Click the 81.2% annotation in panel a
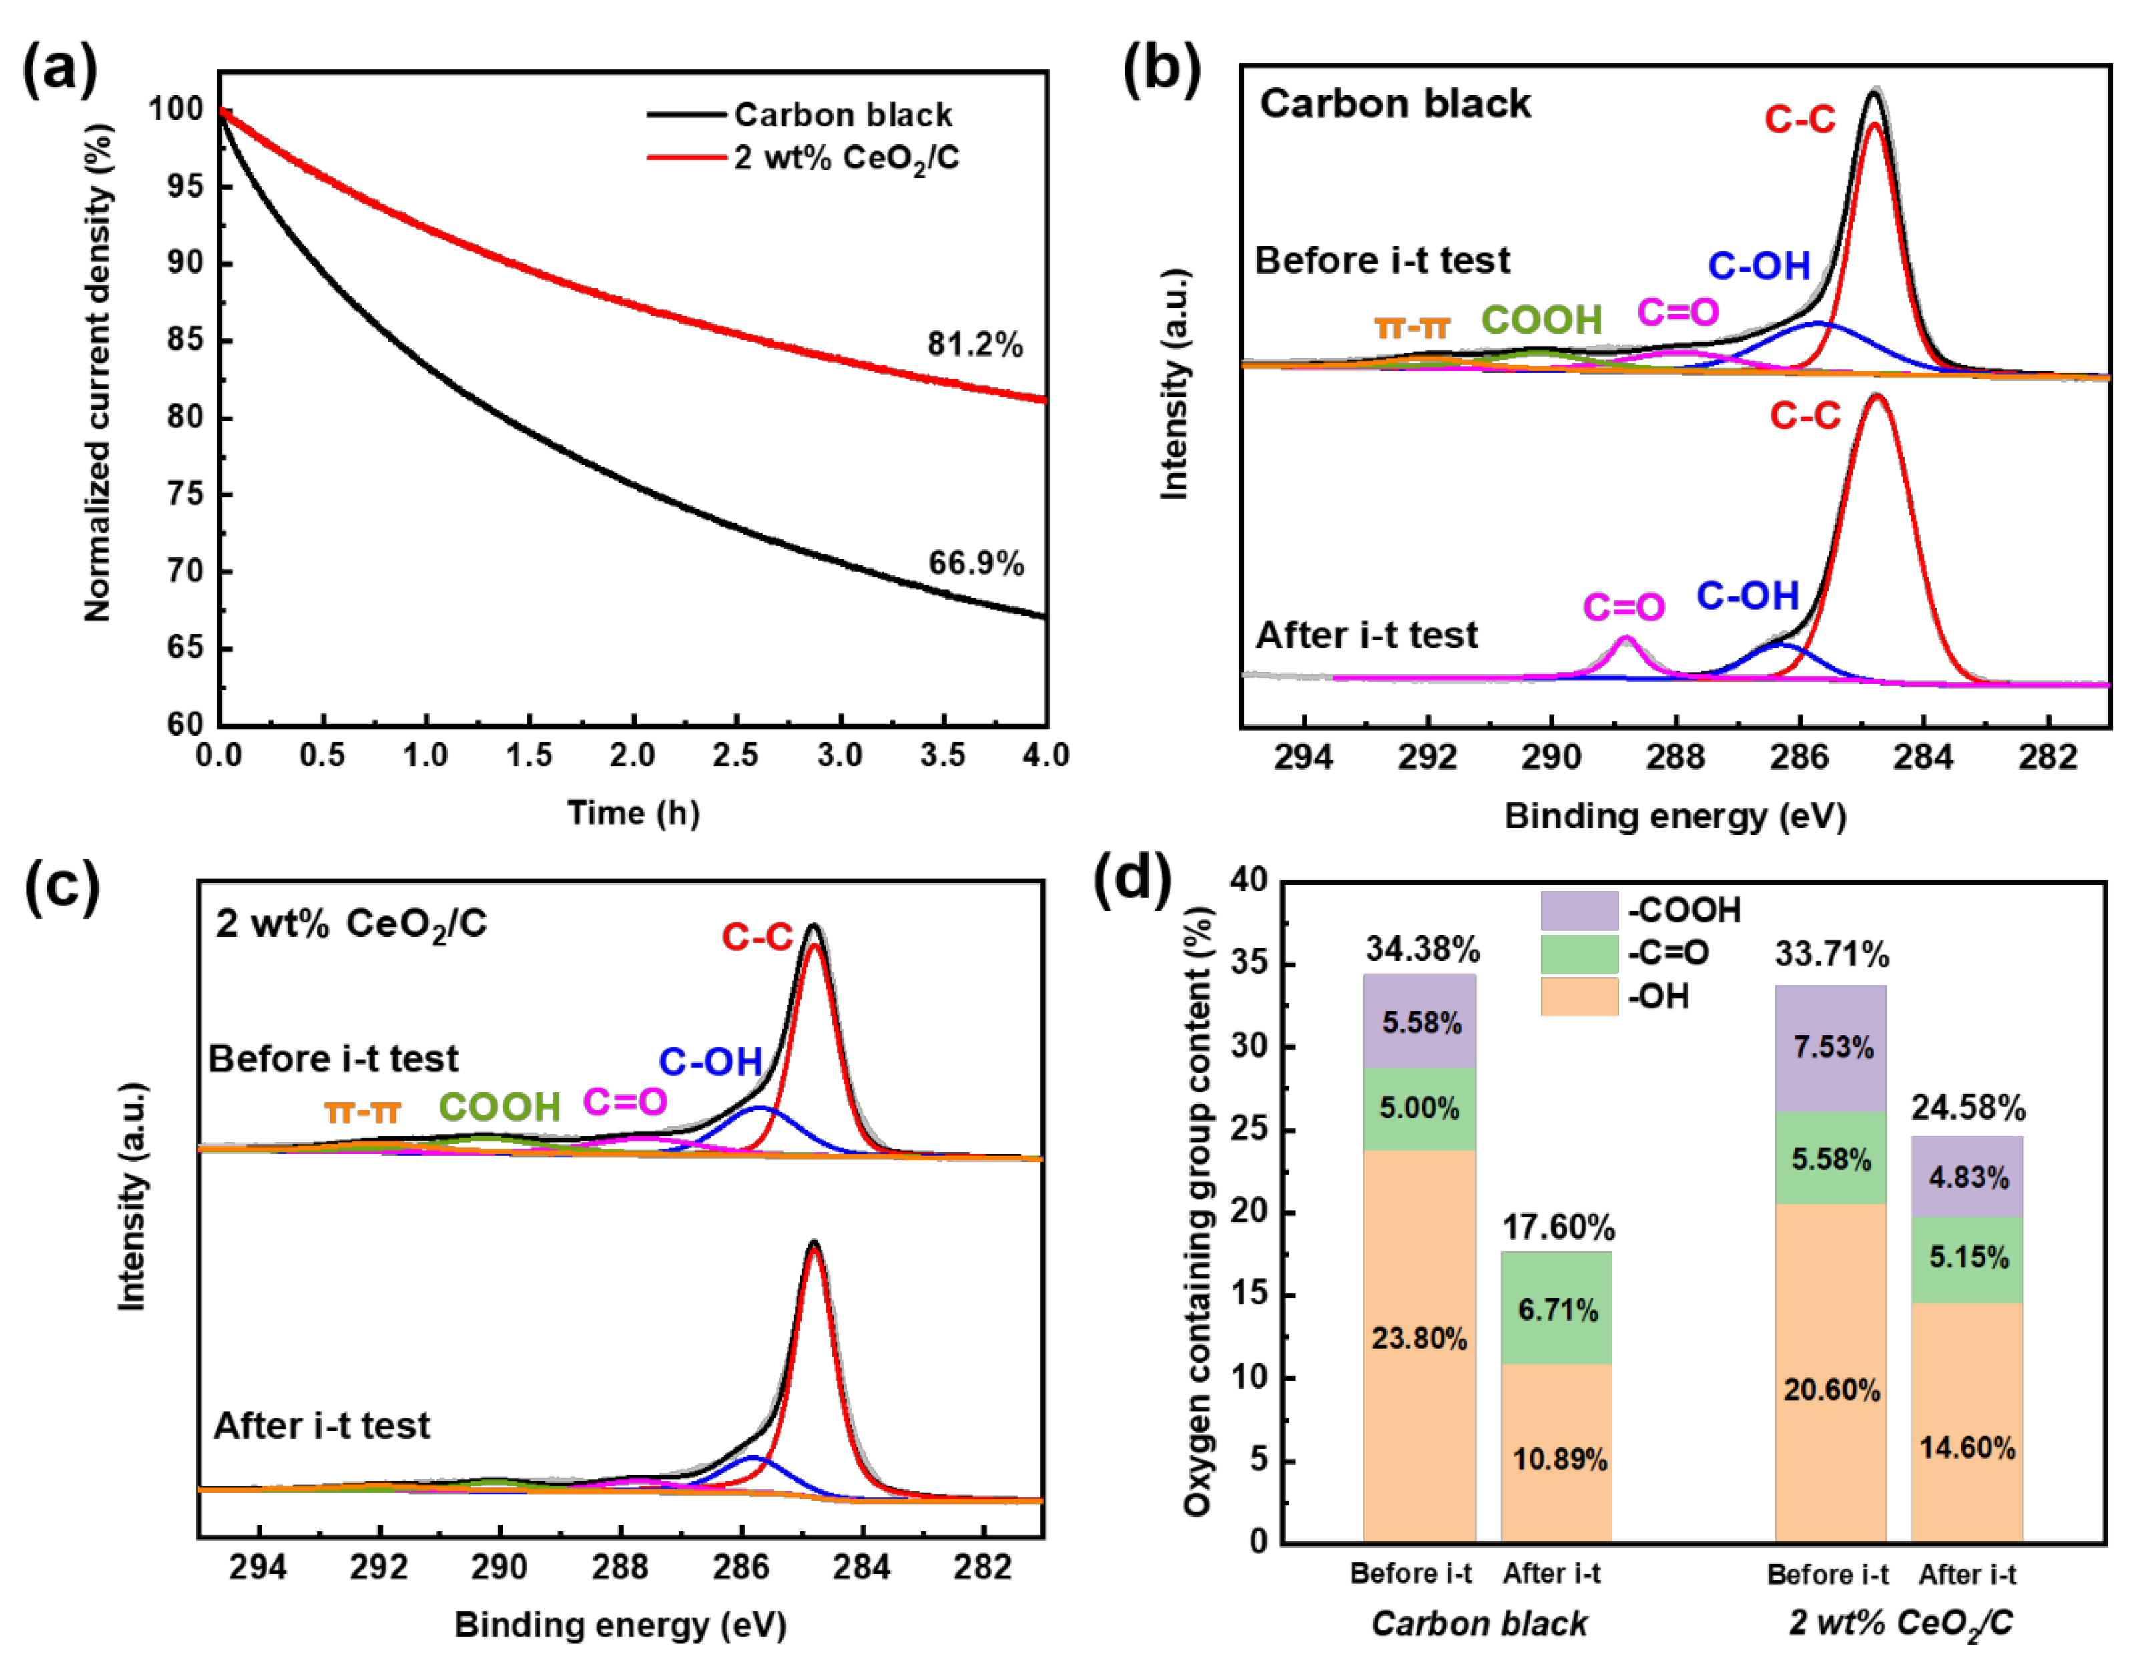tap(974, 344)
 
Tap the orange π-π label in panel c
tap(362, 1112)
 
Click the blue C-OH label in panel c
tap(711, 1062)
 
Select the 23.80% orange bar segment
tap(1419, 1339)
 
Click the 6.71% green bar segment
tap(1557, 1310)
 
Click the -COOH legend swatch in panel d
tap(1579, 910)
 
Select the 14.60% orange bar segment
tap(1967, 1448)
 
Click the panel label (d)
tap(1132, 877)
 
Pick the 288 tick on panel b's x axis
tap(1675, 758)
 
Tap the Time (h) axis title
tap(633, 813)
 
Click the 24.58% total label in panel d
tap(1967, 1108)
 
